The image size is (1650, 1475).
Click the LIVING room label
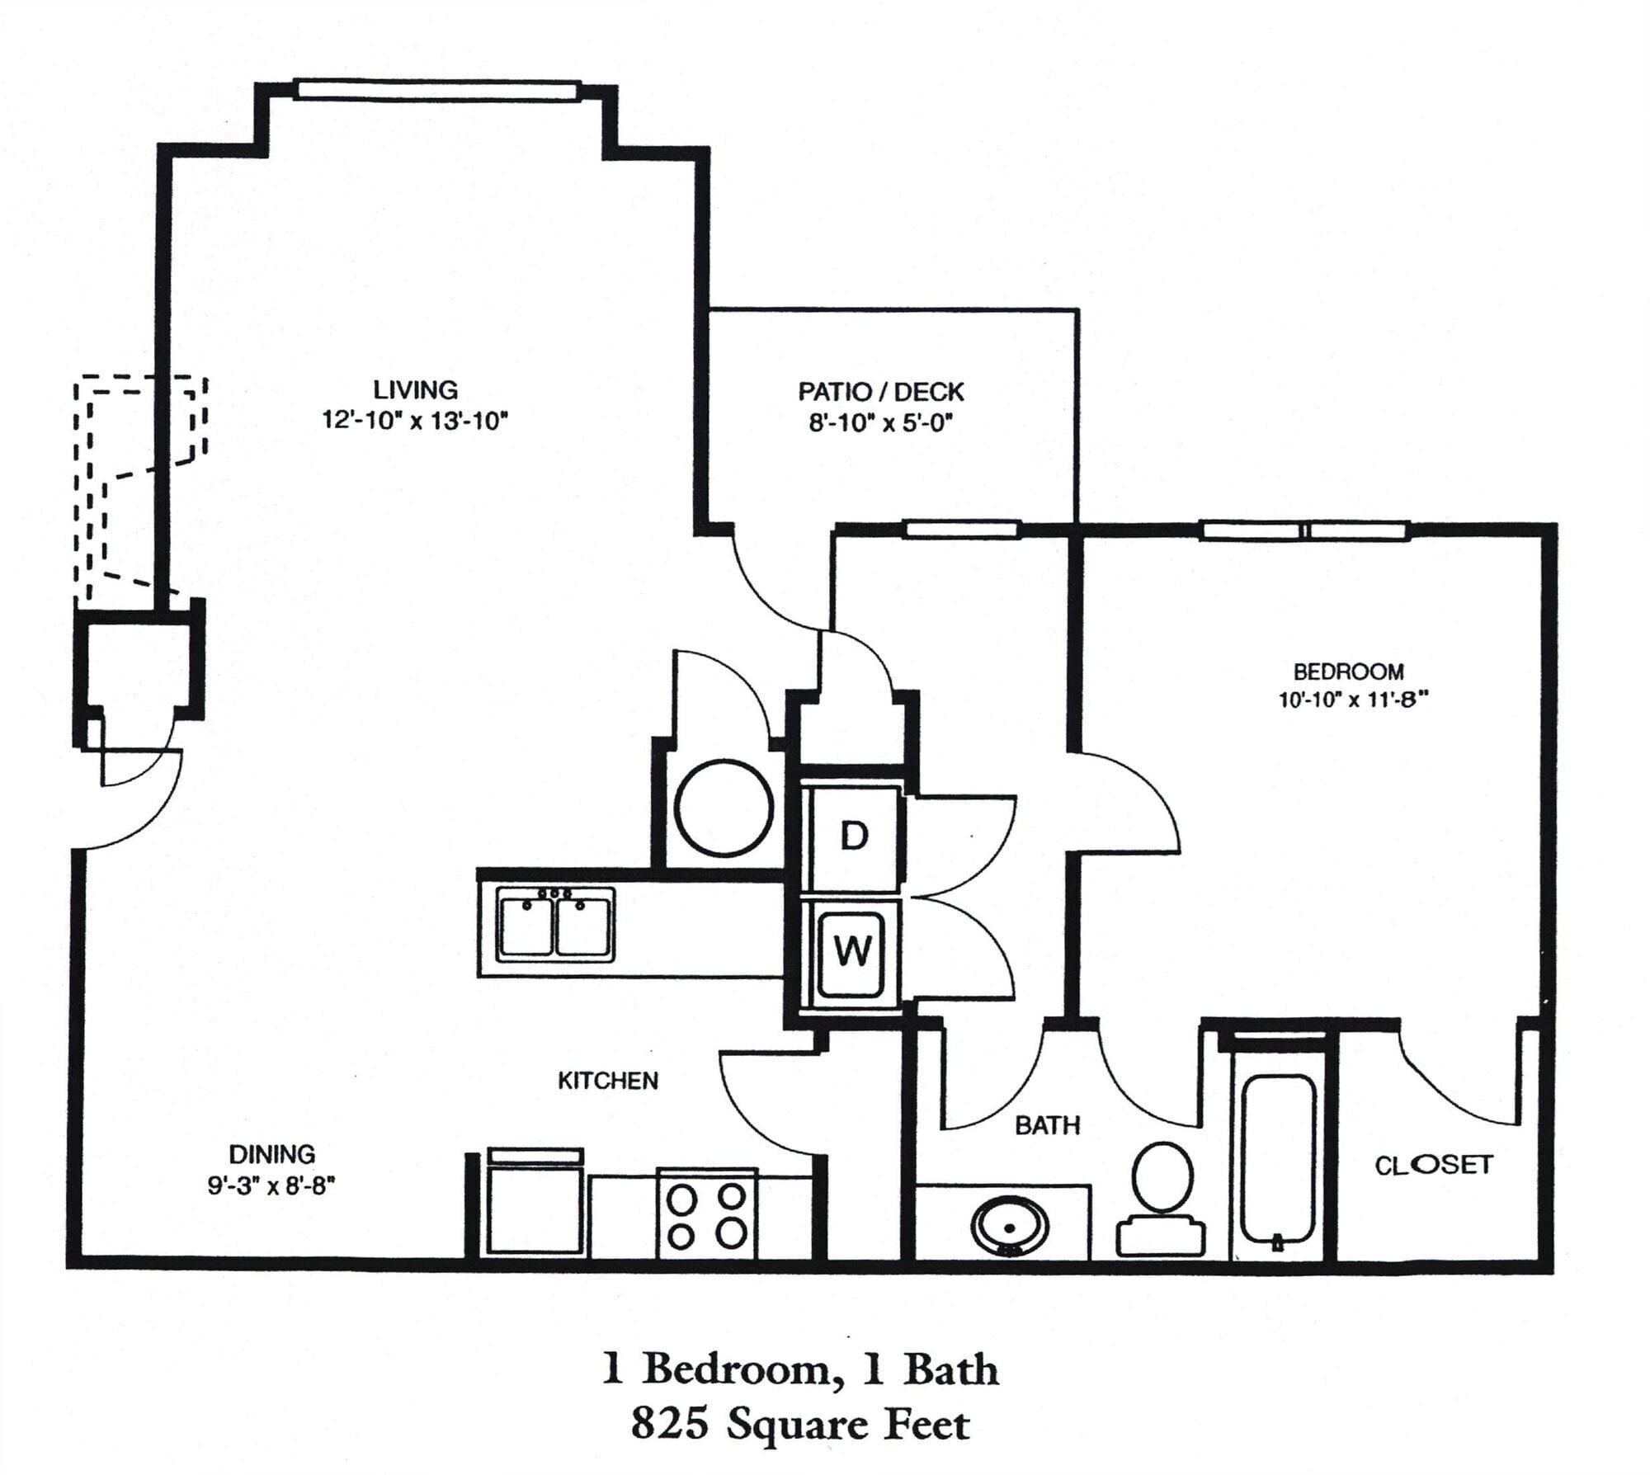click(415, 389)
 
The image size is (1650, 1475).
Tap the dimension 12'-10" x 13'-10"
click(414, 421)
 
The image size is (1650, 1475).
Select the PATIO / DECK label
click(880, 392)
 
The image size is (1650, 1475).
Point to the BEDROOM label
click(1348, 672)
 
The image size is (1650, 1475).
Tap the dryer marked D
click(854, 837)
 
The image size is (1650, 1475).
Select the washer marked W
click(852, 951)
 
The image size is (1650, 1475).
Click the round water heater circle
click(724, 808)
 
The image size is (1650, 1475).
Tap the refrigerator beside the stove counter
click(535, 1205)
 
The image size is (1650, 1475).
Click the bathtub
click(1277, 1158)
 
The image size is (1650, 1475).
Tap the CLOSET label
click(1434, 1165)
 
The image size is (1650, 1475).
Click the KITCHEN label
click(608, 1081)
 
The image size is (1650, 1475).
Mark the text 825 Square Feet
click(799, 1425)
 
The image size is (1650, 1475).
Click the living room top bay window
click(436, 90)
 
